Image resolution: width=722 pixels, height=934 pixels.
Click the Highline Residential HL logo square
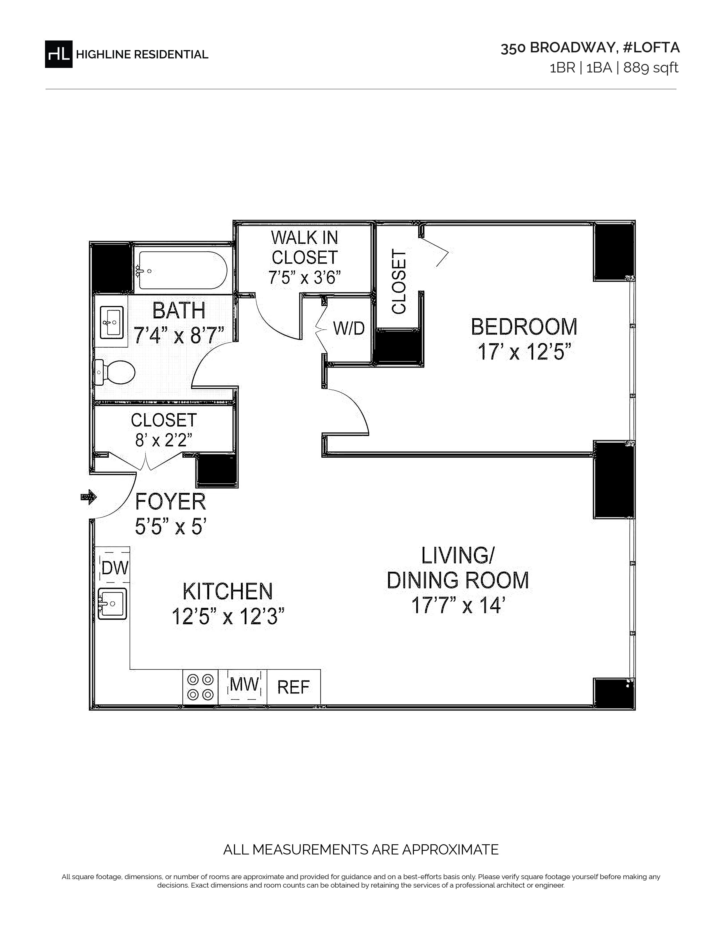point(59,54)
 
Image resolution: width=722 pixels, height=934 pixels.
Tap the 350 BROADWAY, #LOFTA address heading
point(590,48)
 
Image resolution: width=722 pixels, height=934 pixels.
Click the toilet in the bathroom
point(115,372)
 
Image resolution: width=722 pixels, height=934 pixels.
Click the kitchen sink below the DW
point(112,603)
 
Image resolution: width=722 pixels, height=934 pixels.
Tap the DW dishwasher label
point(115,568)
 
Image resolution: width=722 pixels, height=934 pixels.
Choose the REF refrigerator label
point(293,687)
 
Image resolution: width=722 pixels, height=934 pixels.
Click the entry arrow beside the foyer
point(89,497)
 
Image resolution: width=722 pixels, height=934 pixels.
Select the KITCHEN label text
point(228,592)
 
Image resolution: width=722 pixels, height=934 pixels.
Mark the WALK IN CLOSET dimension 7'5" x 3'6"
point(305,278)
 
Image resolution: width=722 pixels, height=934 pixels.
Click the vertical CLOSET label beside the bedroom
point(399,282)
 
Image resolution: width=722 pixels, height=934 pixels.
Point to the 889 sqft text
point(651,68)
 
